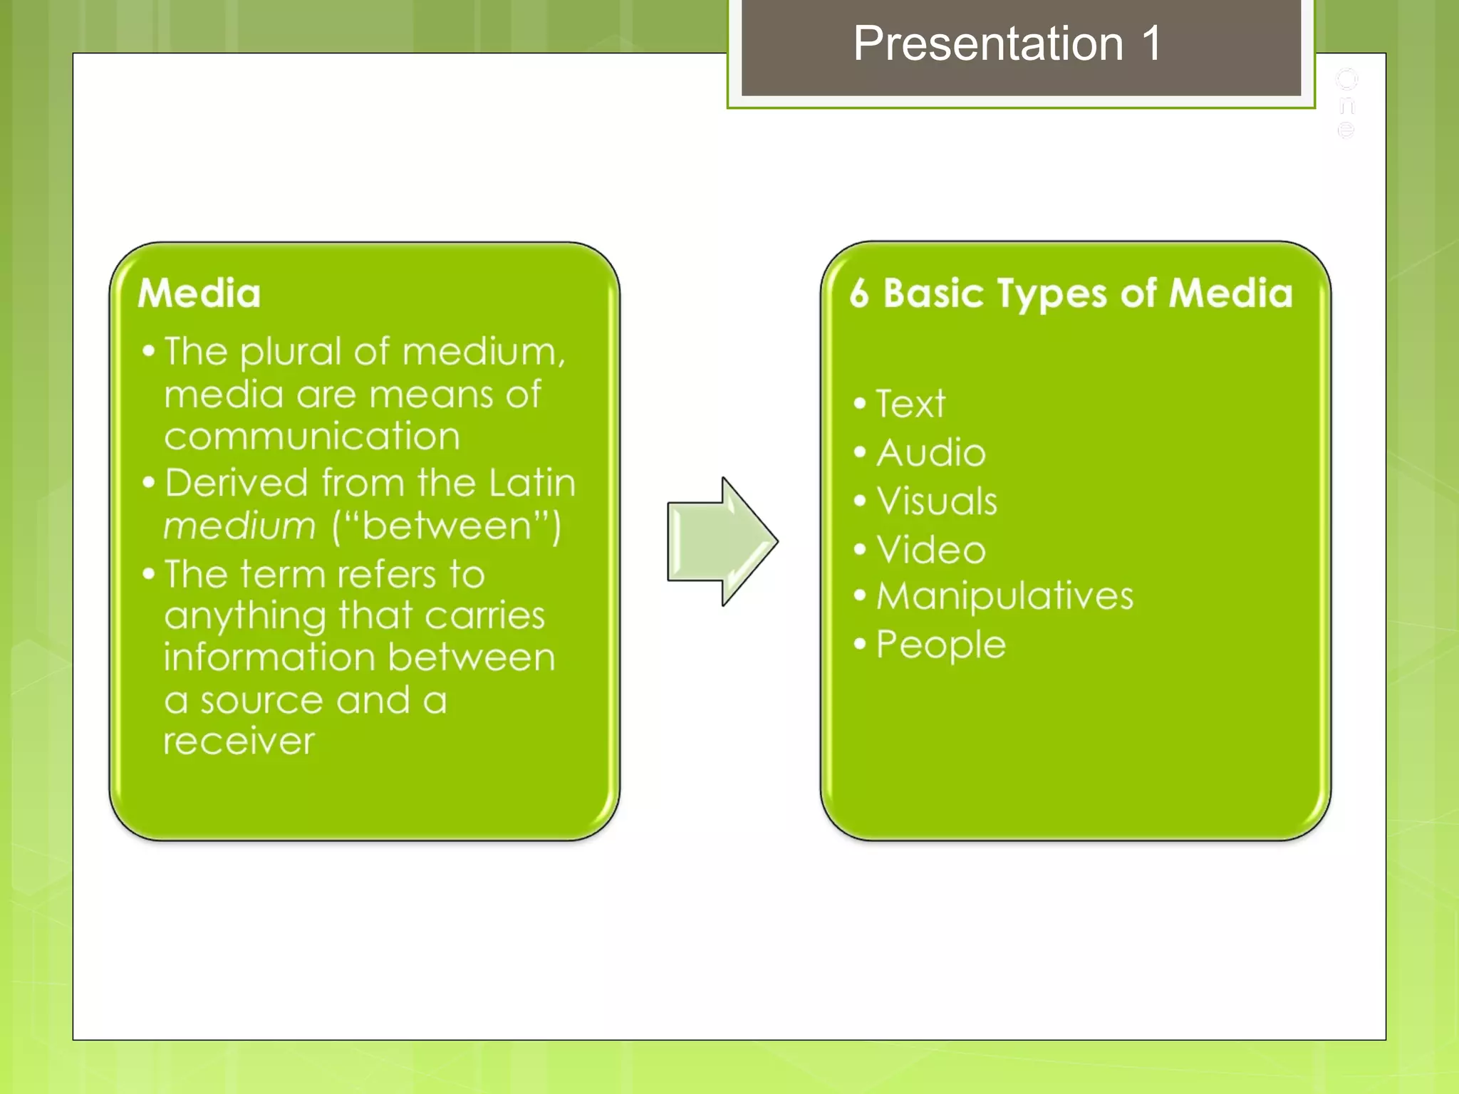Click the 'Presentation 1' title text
click(x=1007, y=44)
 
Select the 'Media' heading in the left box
click(x=199, y=293)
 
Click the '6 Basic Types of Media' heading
click(x=1071, y=293)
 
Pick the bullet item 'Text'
click(x=910, y=404)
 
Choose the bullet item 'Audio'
click(x=930, y=453)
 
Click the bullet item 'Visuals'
click(x=936, y=501)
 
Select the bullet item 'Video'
click(x=930, y=550)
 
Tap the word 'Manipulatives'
click(x=1004, y=596)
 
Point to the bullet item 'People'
click(x=940, y=645)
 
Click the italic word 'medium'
click(x=239, y=527)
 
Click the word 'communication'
click(x=312, y=436)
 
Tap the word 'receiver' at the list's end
click(x=239, y=742)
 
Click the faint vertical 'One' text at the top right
click(x=1346, y=104)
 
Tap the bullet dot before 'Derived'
click(x=148, y=483)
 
